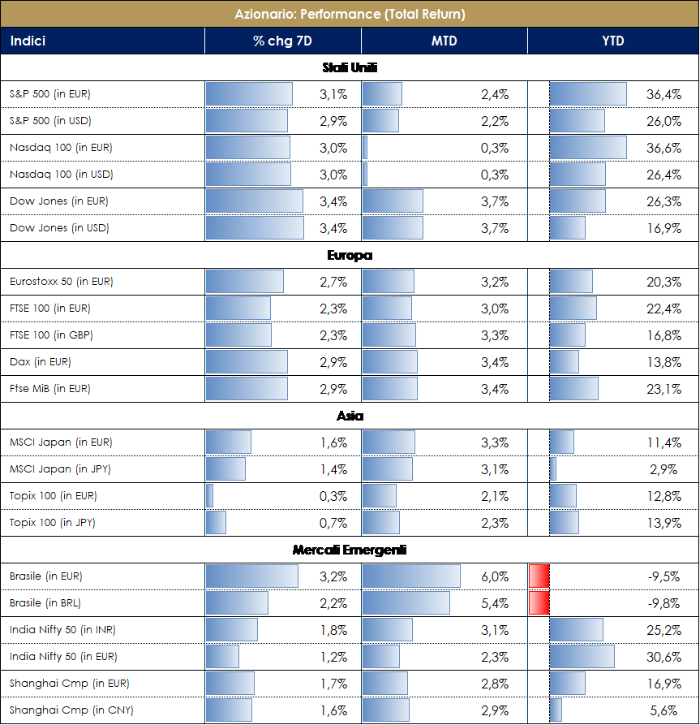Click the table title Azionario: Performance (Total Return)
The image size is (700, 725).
(350, 14)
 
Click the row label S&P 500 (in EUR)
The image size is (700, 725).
(50, 94)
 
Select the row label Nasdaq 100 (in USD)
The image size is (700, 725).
(61, 175)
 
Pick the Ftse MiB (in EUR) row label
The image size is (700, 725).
(50, 389)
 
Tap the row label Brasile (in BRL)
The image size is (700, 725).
(45, 603)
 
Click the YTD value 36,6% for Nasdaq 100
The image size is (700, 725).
(663, 148)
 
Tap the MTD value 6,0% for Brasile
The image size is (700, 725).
(495, 576)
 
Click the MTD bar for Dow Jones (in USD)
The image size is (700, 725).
(393, 228)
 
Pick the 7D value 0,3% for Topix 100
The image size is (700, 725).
(333, 496)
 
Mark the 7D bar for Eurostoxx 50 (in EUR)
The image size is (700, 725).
(244, 282)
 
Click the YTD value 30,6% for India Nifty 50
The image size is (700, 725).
(663, 657)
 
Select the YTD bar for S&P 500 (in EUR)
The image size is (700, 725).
(588, 94)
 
